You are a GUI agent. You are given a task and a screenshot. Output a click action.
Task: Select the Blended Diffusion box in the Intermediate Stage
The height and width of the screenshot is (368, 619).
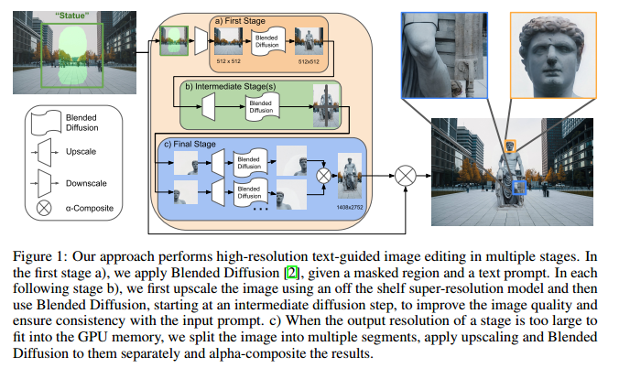(x=263, y=108)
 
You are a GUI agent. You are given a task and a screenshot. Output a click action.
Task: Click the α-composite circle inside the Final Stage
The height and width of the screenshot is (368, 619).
(x=322, y=172)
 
